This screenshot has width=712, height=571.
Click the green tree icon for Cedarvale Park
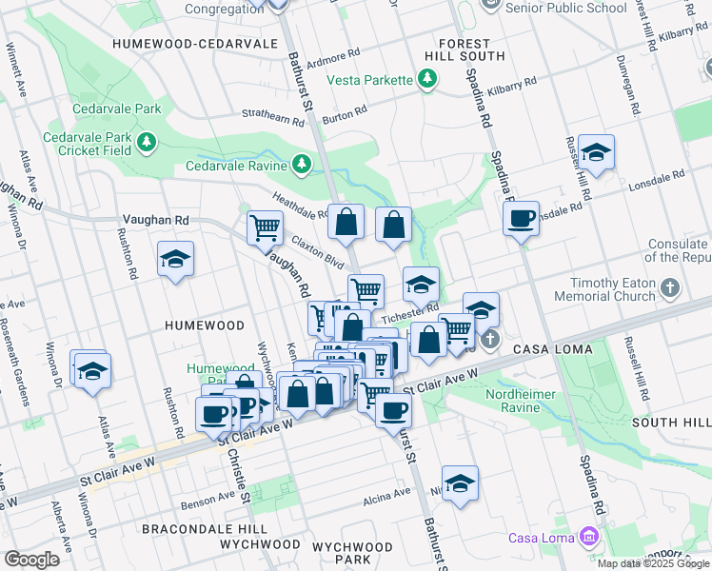point(146,143)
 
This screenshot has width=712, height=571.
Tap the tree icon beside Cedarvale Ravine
point(302,165)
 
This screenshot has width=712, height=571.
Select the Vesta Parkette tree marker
point(426,80)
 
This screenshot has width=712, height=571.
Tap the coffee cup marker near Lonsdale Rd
point(521,219)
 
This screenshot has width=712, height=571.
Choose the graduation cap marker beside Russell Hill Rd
point(596,152)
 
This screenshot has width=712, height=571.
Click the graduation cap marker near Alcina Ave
point(460,483)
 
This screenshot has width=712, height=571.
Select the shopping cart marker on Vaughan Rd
point(264,226)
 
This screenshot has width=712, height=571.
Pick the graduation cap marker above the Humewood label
point(176,260)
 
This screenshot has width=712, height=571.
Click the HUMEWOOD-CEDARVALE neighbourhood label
point(194,44)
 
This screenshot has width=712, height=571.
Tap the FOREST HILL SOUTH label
point(465,50)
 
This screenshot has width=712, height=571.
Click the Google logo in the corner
point(31,559)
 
